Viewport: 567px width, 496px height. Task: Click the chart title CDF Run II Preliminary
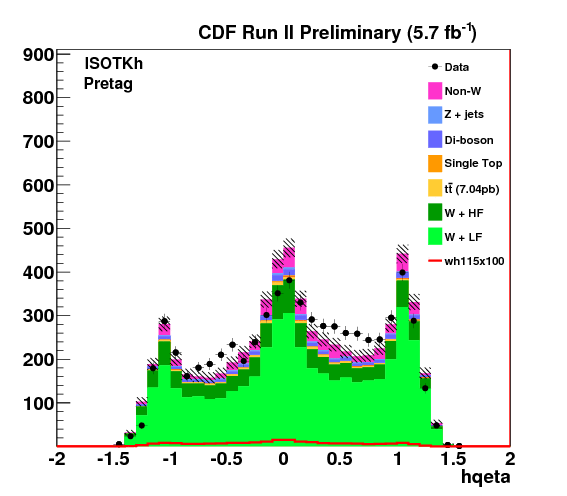coord(300,33)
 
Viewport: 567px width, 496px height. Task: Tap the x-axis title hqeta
coord(486,477)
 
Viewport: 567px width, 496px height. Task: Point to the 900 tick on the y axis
coord(38,55)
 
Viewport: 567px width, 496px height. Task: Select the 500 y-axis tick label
coord(38,229)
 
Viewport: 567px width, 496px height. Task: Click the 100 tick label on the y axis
coord(38,403)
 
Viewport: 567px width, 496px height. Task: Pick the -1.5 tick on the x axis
coord(114,459)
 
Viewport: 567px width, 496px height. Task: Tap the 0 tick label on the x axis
coord(284,459)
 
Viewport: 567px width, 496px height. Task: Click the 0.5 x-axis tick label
coord(340,459)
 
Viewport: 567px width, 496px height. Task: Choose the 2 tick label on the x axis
coord(510,459)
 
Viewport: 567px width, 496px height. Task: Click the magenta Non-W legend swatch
coord(435,91)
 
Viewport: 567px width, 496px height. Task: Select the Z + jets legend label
coord(464,115)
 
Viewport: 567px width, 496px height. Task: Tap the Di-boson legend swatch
coord(435,140)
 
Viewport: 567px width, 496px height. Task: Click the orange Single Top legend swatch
coord(435,164)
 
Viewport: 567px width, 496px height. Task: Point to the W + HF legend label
coord(464,213)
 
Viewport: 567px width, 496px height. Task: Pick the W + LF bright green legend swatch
coord(435,236)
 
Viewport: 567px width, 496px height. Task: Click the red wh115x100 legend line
coord(435,261)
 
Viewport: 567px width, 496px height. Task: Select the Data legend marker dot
coord(435,67)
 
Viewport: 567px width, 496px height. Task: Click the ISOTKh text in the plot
coord(114,64)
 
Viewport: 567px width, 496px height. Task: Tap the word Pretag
coord(108,84)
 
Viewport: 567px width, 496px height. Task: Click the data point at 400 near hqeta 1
coord(402,273)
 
